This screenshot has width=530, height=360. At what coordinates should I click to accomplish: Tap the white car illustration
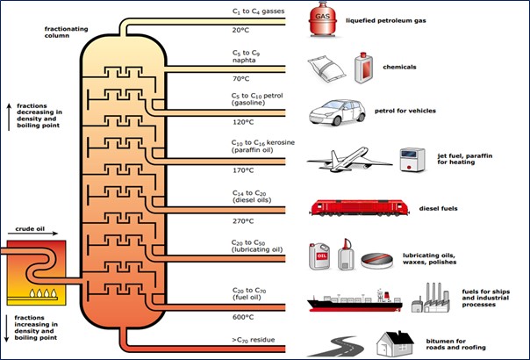click(334, 112)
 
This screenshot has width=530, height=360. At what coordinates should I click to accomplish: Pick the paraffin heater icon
click(412, 159)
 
